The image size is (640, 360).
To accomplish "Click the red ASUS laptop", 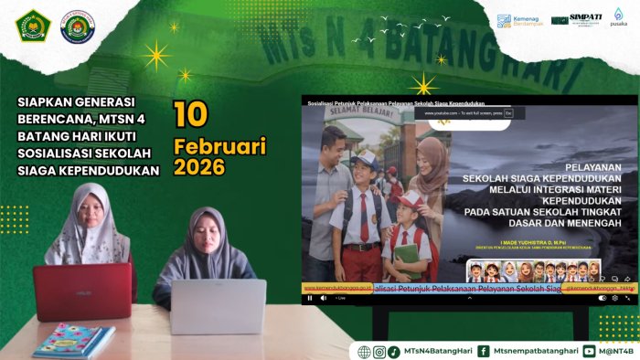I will [83, 291].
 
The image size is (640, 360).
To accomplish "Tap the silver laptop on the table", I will [218, 306].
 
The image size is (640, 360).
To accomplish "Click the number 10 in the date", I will [191, 114].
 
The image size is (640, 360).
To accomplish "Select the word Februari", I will [219, 145].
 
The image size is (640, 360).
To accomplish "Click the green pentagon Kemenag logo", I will [31, 26].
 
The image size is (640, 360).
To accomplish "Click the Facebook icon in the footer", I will [483, 351].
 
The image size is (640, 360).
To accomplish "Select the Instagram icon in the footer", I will [379, 351].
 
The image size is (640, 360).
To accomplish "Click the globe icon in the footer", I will [364, 351].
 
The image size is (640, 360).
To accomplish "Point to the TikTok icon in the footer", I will [393, 351].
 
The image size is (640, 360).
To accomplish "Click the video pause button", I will [309, 298].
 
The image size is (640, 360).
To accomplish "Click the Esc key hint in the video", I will [508, 113].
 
